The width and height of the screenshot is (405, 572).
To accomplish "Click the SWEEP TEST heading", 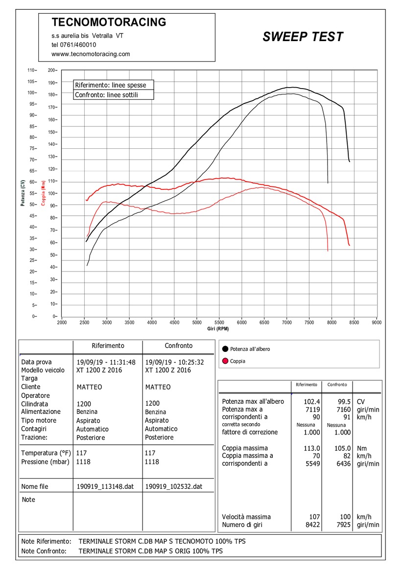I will (303, 37).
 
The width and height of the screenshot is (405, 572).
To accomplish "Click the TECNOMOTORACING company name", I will (109, 22).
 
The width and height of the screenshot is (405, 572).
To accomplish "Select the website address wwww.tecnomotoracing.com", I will (91, 54).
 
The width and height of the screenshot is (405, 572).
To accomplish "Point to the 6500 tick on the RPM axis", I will (264, 322).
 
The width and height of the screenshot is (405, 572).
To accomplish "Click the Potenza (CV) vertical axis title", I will (23, 193).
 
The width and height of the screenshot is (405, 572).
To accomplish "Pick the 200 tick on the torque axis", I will (52, 70).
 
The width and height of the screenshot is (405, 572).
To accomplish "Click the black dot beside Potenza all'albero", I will (225, 349).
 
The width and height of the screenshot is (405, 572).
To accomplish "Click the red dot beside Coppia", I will (225, 361).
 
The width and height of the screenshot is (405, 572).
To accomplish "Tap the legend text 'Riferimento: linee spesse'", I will (110, 85).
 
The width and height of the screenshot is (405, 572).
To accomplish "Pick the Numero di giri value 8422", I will (311, 525).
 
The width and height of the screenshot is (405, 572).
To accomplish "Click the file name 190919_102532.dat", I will (173, 487).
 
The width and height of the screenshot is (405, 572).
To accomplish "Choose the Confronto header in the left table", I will (178, 345).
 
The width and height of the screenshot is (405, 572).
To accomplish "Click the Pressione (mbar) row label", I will (46, 461).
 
